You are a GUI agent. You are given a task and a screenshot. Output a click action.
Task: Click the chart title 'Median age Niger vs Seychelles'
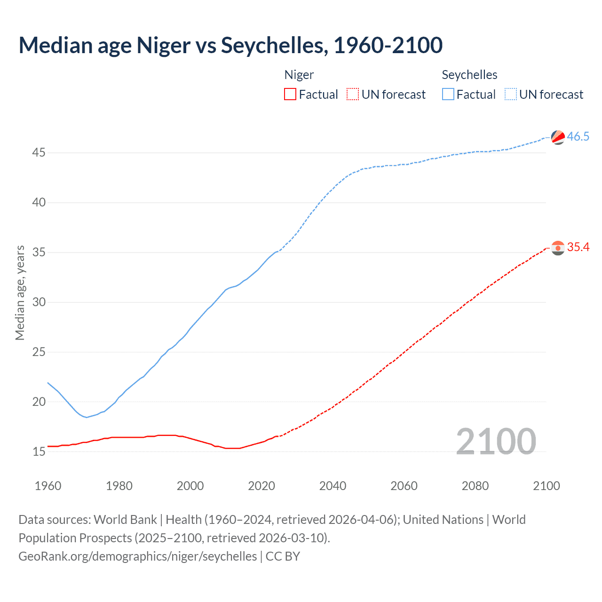tap(230, 45)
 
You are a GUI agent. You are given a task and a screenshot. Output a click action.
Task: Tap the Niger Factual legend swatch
tap(290, 95)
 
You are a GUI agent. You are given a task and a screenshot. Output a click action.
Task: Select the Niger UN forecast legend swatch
tap(353, 95)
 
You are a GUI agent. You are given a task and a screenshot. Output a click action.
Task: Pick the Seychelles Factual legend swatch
tap(448, 95)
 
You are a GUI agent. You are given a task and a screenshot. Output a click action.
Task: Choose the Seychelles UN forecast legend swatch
tap(510, 95)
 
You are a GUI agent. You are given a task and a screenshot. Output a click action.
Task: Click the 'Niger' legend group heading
tap(299, 75)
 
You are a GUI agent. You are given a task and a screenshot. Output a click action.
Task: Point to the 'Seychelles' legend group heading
tap(469, 75)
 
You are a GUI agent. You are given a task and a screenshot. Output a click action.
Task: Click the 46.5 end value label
tap(578, 137)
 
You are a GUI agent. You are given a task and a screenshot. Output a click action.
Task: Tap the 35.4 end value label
tap(578, 247)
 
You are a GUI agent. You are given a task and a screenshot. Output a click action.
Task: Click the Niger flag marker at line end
tap(558, 248)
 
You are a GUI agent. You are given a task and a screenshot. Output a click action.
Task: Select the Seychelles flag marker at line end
tap(558, 137)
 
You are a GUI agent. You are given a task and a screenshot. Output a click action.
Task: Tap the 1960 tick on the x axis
tap(48, 486)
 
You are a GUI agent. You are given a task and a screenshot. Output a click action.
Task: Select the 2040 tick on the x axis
tap(333, 486)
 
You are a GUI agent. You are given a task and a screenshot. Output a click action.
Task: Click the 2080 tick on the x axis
tap(475, 486)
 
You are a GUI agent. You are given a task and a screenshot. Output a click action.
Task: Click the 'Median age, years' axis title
tap(20, 293)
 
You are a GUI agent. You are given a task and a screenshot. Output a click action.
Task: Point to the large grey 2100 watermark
tap(496, 441)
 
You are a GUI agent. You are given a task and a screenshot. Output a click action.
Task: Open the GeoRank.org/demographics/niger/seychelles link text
tap(137, 556)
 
